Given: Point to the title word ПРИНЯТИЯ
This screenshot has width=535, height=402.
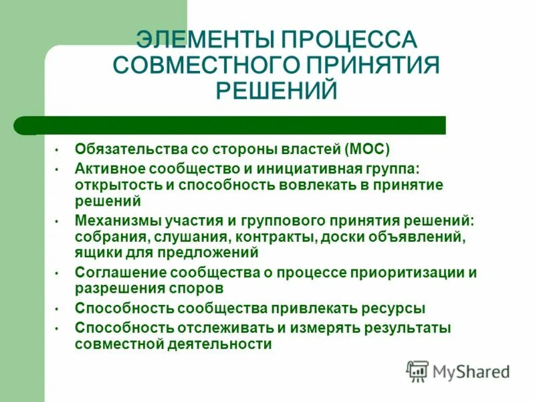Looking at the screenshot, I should point(373,65).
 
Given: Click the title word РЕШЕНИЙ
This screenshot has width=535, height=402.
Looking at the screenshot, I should point(276,91).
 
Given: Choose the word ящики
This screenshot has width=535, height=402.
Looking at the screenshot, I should point(95,253).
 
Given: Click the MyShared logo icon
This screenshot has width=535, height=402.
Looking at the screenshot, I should point(418,371).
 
